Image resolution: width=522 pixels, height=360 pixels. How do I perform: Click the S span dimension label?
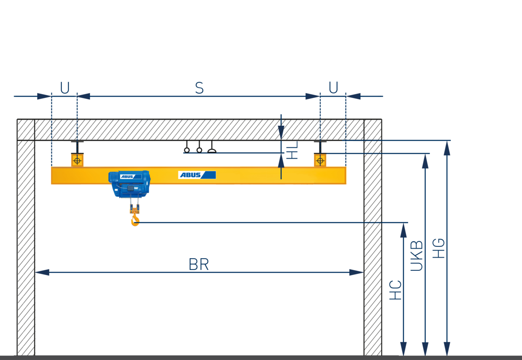(199, 88)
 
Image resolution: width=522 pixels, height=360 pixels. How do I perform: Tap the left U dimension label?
(65, 87)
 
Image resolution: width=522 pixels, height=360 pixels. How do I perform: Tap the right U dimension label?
(333, 87)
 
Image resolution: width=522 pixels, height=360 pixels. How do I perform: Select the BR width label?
(198, 264)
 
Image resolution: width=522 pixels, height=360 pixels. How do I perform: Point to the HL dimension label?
(292, 150)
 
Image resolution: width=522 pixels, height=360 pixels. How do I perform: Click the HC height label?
(395, 290)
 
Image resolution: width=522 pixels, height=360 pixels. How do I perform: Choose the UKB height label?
(416, 256)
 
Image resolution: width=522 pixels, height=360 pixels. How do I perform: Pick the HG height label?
(438, 248)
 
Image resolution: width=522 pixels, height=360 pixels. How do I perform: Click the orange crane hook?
(135, 218)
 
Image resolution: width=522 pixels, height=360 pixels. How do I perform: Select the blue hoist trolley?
(129, 184)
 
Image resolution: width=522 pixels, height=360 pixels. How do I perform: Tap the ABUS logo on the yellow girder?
(197, 175)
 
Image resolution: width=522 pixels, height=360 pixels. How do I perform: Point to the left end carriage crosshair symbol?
(77, 161)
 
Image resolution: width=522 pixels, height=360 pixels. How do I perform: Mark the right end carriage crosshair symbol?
(320, 161)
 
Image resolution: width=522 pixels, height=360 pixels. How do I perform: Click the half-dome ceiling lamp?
(212, 151)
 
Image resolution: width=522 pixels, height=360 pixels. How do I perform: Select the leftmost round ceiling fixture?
(187, 150)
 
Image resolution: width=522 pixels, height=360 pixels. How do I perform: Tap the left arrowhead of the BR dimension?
(42, 273)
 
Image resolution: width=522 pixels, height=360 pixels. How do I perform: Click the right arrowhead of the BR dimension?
(356, 273)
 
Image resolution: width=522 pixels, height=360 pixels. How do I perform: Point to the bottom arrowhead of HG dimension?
(447, 349)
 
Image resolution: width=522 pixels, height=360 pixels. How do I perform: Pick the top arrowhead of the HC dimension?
(403, 230)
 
